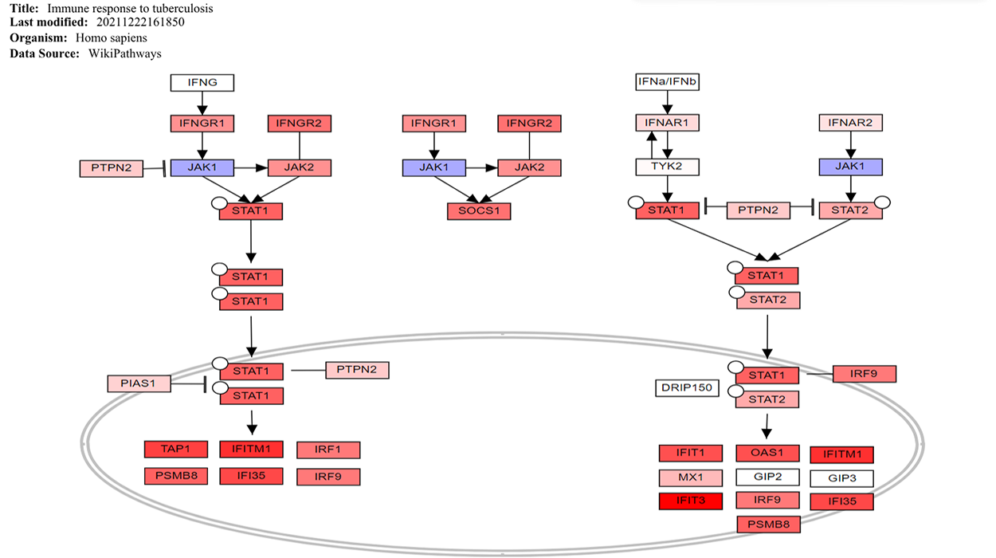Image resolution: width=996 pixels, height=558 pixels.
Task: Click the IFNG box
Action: tap(202, 82)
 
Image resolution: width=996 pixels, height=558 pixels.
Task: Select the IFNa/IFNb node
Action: tap(668, 82)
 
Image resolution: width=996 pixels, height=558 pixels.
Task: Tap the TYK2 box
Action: tap(667, 167)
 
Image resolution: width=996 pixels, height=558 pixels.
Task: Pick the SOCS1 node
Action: tap(478, 211)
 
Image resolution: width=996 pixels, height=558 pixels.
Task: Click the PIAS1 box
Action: tap(139, 383)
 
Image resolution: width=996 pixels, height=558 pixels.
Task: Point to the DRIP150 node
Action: tap(686, 388)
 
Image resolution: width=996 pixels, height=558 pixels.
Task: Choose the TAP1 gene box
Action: tap(175, 450)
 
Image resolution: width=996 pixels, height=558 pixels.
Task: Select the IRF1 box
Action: tap(327, 450)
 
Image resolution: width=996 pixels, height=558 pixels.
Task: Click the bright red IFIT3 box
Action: tap(690, 501)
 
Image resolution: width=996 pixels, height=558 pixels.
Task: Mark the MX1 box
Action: tap(690, 478)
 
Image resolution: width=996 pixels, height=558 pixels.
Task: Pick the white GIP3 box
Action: tap(841, 479)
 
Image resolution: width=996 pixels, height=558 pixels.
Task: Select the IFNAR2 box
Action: tap(851, 124)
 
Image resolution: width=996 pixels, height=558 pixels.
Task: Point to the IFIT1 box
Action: tap(690, 454)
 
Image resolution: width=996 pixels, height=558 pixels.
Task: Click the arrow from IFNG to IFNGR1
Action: tap(202, 103)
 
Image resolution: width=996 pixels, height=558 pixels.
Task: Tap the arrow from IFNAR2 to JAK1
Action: tap(851, 145)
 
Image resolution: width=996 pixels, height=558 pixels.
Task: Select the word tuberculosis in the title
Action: tap(180, 8)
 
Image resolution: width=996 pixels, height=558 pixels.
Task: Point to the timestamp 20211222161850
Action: tap(140, 22)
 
